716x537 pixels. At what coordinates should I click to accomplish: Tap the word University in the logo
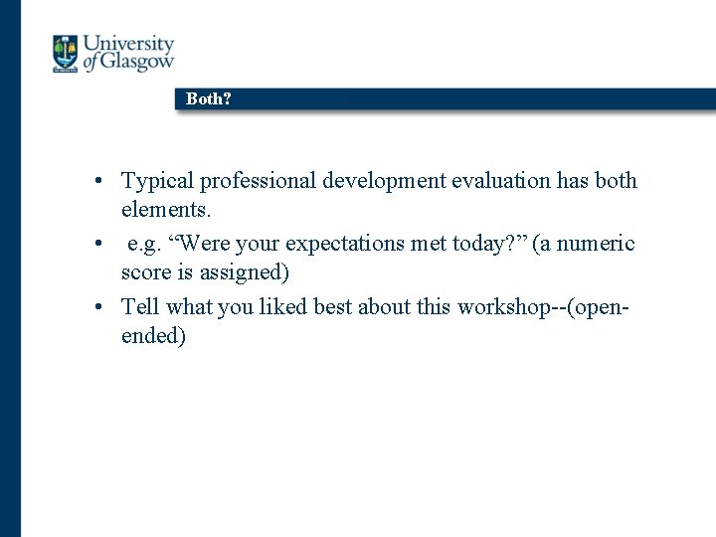point(128,45)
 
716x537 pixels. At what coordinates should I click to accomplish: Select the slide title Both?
point(208,99)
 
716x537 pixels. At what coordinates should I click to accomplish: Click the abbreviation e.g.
point(145,244)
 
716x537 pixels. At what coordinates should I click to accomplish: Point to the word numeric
point(597,244)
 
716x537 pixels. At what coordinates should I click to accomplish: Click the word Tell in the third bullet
point(138,306)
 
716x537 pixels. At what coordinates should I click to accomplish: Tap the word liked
point(282,306)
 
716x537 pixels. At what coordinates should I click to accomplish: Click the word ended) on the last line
point(153,336)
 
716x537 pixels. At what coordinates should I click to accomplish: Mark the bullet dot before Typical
point(101,182)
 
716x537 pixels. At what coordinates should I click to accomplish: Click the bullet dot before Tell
point(101,307)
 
